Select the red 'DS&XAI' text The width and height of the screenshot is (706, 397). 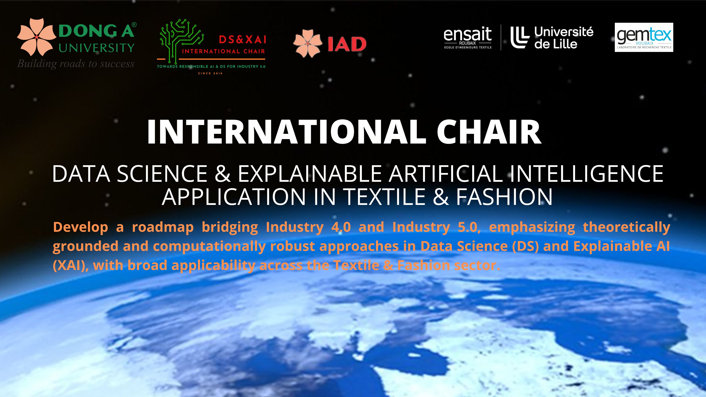[243, 40]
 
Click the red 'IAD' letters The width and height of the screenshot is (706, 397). [347, 44]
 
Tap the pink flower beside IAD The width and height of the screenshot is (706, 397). [308, 43]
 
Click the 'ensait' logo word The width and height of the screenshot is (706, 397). [468, 35]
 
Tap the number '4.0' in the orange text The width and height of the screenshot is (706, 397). [341, 227]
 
